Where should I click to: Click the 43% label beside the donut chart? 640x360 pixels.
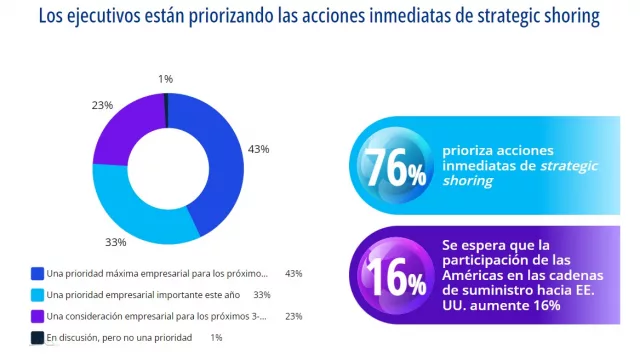257,149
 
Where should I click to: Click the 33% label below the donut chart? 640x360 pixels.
115,242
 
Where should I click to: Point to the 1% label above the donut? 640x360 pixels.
164,78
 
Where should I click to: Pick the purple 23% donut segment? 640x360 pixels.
122,126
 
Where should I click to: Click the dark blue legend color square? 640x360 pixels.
37,273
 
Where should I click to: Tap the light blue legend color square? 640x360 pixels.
37,295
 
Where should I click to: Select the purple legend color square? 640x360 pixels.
37,316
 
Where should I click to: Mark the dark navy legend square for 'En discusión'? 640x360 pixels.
37,338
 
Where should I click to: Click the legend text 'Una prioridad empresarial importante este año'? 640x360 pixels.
143,295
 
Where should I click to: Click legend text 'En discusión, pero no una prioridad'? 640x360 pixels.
119,338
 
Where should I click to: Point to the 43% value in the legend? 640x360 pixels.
293,273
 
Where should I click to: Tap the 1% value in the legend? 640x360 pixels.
216,338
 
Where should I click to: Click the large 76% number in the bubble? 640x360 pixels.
394,167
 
